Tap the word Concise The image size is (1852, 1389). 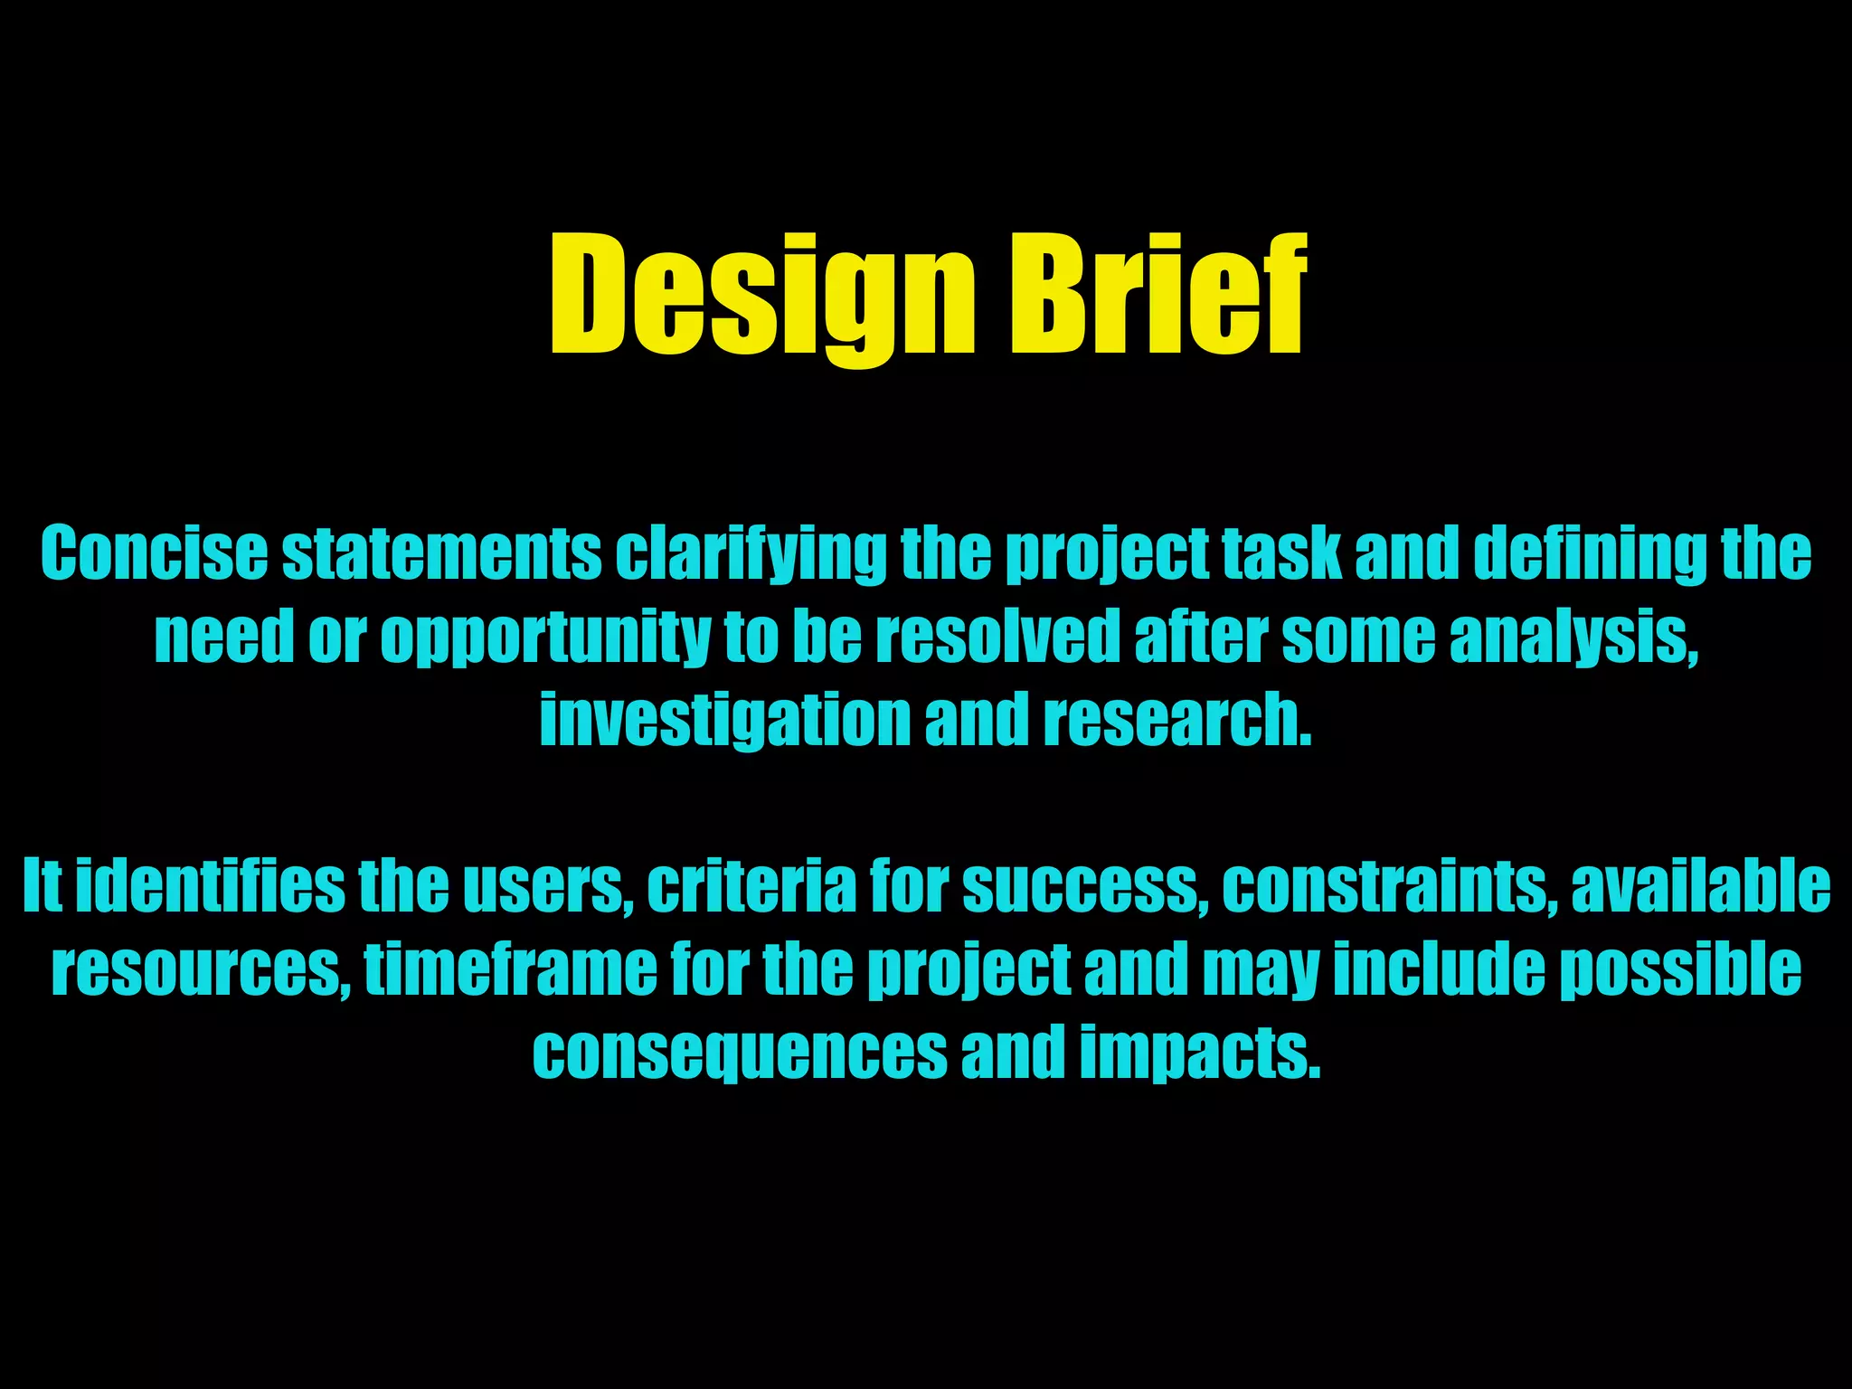tap(154, 553)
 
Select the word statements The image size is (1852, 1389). tap(441, 553)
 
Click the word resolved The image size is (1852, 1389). tap(998, 637)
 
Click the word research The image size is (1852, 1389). tap(1176, 721)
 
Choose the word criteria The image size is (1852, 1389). tap(751, 886)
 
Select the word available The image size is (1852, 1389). tap(1701, 886)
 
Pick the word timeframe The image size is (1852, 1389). tap(511, 969)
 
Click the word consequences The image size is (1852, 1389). tap(740, 1053)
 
